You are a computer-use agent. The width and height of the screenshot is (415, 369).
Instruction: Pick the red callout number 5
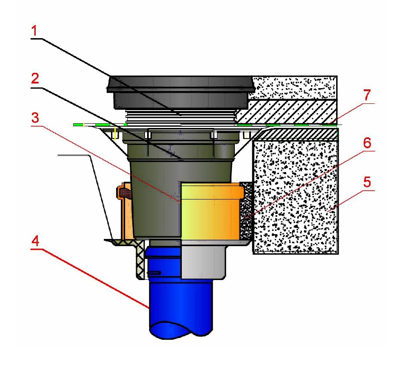(x=367, y=183)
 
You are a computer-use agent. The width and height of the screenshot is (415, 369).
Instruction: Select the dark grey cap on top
(x=180, y=91)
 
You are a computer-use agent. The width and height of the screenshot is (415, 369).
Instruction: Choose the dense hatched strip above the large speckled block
(x=297, y=134)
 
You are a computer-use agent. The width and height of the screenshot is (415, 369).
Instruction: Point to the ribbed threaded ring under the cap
(x=180, y=117)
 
